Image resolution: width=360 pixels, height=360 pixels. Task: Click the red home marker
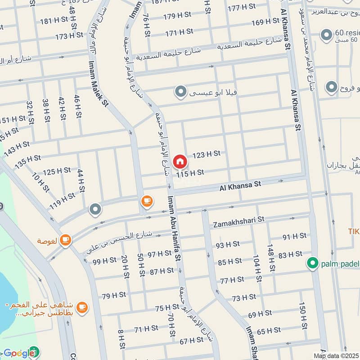tap(180, 161)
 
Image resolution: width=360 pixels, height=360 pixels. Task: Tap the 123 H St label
tap(206, 154)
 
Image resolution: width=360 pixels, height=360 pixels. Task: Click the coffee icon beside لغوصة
tap(65, 240)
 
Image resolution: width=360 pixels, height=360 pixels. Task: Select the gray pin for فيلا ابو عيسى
tap(180, 93)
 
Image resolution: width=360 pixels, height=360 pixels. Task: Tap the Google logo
tap(16, 354)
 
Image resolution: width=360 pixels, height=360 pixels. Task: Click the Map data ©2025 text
tap(337, 356)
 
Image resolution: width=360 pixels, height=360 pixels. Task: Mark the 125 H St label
tap(57, 171)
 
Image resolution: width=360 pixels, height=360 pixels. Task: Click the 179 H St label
tap(178, 17)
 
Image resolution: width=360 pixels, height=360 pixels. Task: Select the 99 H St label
tap(105, 261)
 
